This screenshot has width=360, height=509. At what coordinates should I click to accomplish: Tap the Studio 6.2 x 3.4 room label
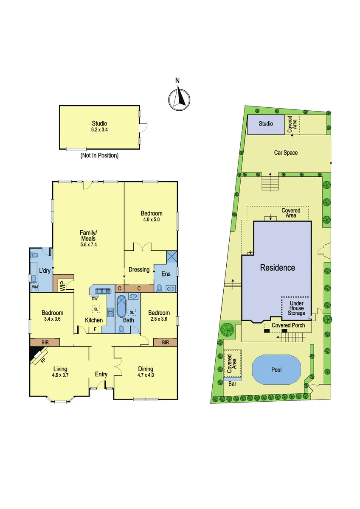click(99, 126)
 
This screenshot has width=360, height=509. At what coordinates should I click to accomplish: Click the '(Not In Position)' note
click(99, 155)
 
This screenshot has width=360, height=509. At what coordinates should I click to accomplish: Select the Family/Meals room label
click(88, 238)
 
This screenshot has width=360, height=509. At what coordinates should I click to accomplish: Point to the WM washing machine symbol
click(35, 287)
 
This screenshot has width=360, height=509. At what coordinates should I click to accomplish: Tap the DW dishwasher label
click(95, 299)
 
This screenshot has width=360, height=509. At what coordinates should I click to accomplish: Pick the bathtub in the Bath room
click(121, 306)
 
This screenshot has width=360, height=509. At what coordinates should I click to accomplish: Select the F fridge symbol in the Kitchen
click(95, 329)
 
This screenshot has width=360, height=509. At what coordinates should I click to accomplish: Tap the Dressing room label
click(139, 270)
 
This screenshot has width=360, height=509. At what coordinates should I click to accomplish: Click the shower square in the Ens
click(172, 256)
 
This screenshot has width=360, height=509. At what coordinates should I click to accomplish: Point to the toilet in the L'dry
click(35, 255)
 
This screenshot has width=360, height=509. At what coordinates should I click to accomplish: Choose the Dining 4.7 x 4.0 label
click(146, 372)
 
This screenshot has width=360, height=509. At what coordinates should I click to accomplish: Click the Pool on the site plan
click(276, 370)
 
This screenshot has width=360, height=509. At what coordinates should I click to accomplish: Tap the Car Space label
click(286, 153)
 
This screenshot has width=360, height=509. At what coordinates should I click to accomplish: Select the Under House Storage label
click(297, 308)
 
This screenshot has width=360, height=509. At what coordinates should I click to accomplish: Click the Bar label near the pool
click(232, 384)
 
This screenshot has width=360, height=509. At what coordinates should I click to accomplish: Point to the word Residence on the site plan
click(278, 268)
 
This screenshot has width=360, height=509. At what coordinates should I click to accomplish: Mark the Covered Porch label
click(288, 325)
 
